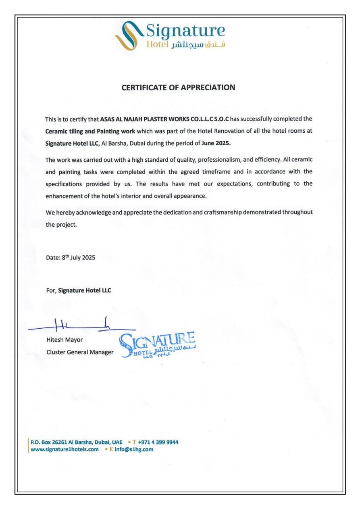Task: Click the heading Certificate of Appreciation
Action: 178,87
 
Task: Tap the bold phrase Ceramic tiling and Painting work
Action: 90,131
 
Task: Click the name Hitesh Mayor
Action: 65,340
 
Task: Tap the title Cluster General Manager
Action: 80,352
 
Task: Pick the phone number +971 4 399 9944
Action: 158,442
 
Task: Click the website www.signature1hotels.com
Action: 65,449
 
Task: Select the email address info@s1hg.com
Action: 134,449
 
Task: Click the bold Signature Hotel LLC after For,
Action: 85,290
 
